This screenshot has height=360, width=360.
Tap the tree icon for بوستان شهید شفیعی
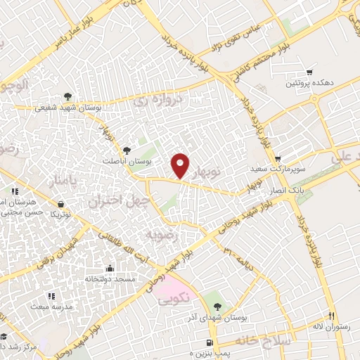point(67,96)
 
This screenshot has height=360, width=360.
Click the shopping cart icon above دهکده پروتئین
point(309,72)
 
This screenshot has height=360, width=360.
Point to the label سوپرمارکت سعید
point(278,169)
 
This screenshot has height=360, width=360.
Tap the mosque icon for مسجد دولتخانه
point(109,268)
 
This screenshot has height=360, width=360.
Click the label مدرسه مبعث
point(50,307)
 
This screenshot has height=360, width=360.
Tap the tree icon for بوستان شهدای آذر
point(217,306)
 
